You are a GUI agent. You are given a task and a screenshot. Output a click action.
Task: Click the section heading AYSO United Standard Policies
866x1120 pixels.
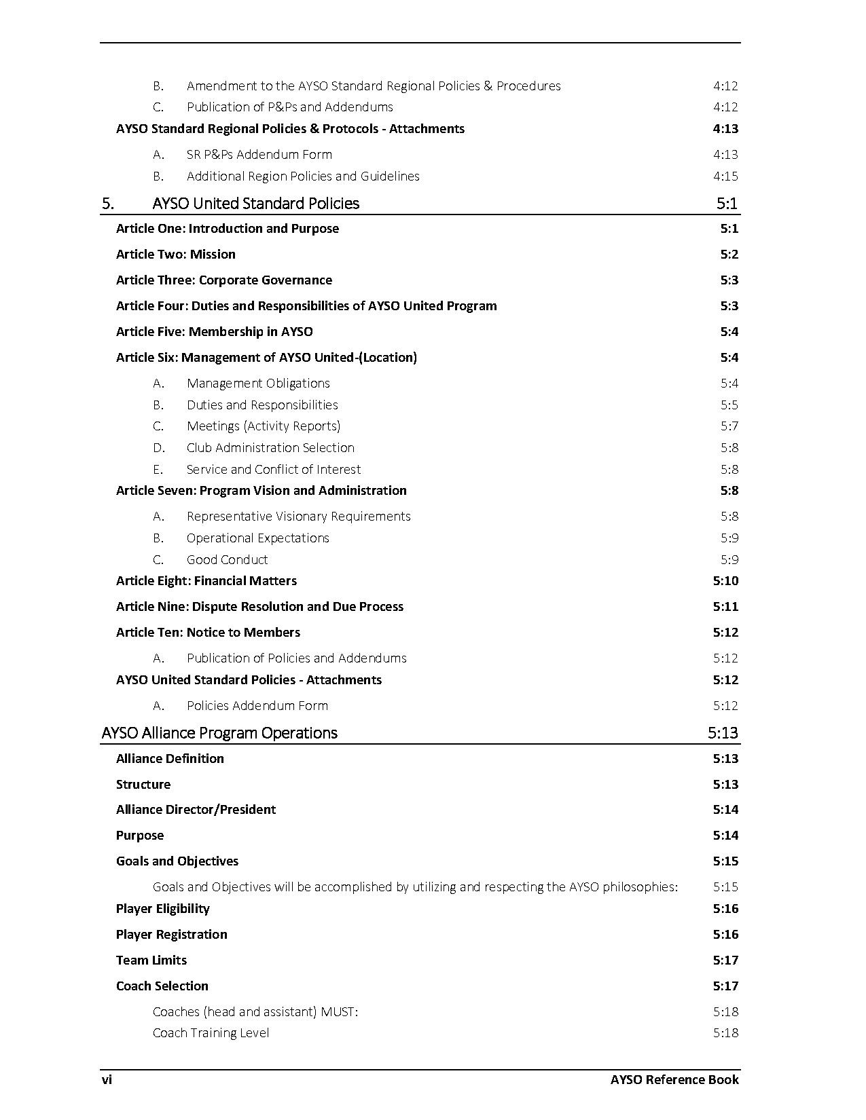255,203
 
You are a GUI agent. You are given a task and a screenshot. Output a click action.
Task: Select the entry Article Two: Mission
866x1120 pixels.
175,254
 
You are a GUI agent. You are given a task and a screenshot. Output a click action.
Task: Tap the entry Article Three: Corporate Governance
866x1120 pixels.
223,280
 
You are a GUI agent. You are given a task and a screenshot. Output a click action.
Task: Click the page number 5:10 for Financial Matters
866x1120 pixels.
725,580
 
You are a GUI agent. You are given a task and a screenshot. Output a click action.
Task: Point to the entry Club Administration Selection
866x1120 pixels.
270,447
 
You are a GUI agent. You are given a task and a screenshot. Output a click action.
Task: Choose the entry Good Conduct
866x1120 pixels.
227,559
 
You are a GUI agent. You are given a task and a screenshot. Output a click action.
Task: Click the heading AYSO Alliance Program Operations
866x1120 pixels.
219,732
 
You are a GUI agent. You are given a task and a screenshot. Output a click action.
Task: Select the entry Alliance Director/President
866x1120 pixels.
196,809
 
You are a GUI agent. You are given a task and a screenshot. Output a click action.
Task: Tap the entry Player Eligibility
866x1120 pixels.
162,908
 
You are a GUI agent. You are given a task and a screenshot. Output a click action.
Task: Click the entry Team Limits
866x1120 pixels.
151,960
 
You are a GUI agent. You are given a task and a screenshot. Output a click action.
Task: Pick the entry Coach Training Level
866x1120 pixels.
211,1032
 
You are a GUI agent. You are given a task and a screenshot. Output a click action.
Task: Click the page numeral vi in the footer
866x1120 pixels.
107,1079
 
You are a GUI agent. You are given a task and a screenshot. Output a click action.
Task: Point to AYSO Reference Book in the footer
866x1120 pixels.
674,1079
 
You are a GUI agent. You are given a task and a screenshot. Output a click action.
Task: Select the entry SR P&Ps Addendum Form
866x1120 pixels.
259,154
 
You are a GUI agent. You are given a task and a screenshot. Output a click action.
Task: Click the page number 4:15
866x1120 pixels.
725,176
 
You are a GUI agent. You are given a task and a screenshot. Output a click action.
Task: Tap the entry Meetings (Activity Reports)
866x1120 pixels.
264,426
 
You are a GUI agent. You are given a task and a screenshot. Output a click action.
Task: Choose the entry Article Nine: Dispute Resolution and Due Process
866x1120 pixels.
259,606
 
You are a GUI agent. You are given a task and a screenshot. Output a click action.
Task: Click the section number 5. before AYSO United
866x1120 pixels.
107,203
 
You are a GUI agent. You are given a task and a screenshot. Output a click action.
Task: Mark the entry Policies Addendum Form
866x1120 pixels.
257,705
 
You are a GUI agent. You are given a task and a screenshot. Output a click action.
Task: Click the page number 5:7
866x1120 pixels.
729,426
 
